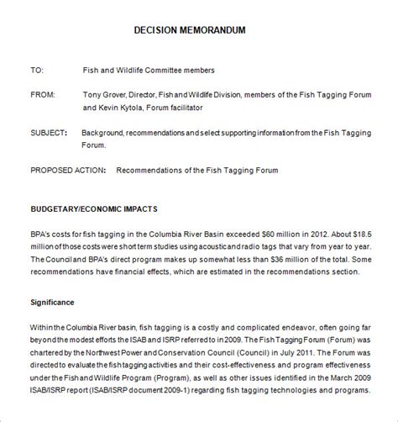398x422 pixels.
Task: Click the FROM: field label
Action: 44,96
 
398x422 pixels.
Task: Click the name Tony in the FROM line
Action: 94,96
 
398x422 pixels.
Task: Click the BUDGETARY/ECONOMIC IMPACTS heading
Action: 93,208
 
